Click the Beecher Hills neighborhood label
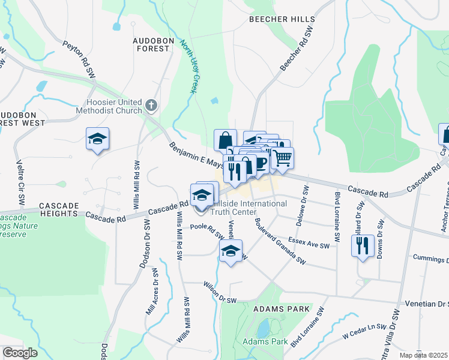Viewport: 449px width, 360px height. (x=282, y=19)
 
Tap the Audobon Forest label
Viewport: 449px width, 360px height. (x=151, y=44)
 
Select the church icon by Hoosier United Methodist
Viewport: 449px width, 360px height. (x=151, y=106)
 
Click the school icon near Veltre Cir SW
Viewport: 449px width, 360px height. (x=97, y=139)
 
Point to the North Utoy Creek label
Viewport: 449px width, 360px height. (x=189, y=71)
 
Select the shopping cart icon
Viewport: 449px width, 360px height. (x=282, y=158)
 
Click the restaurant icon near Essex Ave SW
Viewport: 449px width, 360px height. (x=363, y=246)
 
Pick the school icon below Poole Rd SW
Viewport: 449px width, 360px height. (x=230, y=251)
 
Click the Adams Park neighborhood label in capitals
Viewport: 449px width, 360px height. (x=282, y=308)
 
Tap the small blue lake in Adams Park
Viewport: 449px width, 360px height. (x=263, y=328)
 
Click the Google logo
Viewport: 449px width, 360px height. (x=20, y=353)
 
